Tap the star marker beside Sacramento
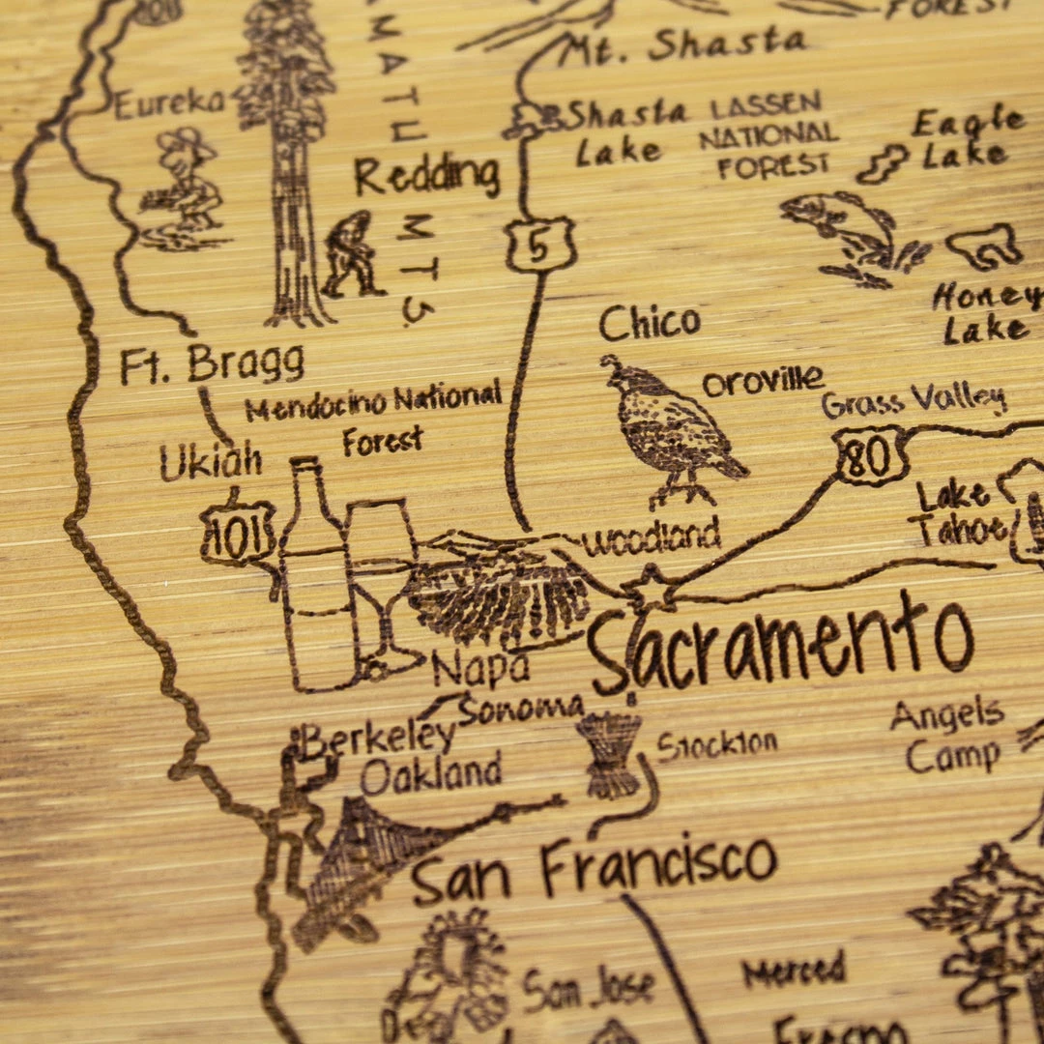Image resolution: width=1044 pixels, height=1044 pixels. pos(649,591)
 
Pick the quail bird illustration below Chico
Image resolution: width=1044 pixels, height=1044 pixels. pos(671,431)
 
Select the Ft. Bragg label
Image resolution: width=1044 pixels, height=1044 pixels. pos(212,364)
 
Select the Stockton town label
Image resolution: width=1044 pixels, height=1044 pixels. pos(717,744)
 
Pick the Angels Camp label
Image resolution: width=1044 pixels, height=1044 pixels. pos(947,735)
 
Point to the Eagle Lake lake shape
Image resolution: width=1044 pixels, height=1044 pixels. pos(882,163)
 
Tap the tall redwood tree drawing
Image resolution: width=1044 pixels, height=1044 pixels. pos(288,155)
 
